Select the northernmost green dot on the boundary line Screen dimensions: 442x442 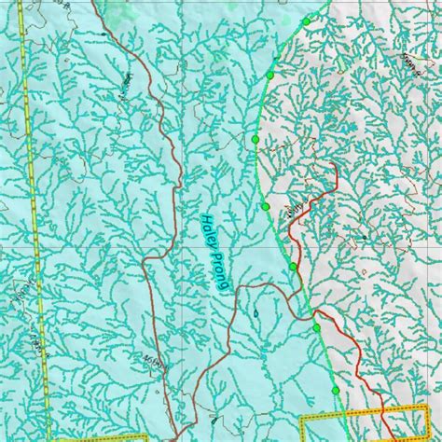[307, 21]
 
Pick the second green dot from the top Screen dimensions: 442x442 [270, 75]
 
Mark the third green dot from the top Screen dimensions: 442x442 [255, 138]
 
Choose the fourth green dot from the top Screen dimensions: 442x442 [266, 205]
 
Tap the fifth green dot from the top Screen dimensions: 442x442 [293, 267]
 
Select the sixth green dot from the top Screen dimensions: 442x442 [317, 328]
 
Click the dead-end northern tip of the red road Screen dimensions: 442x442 [333, 166]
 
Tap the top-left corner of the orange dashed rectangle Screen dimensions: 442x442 [315, 412]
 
